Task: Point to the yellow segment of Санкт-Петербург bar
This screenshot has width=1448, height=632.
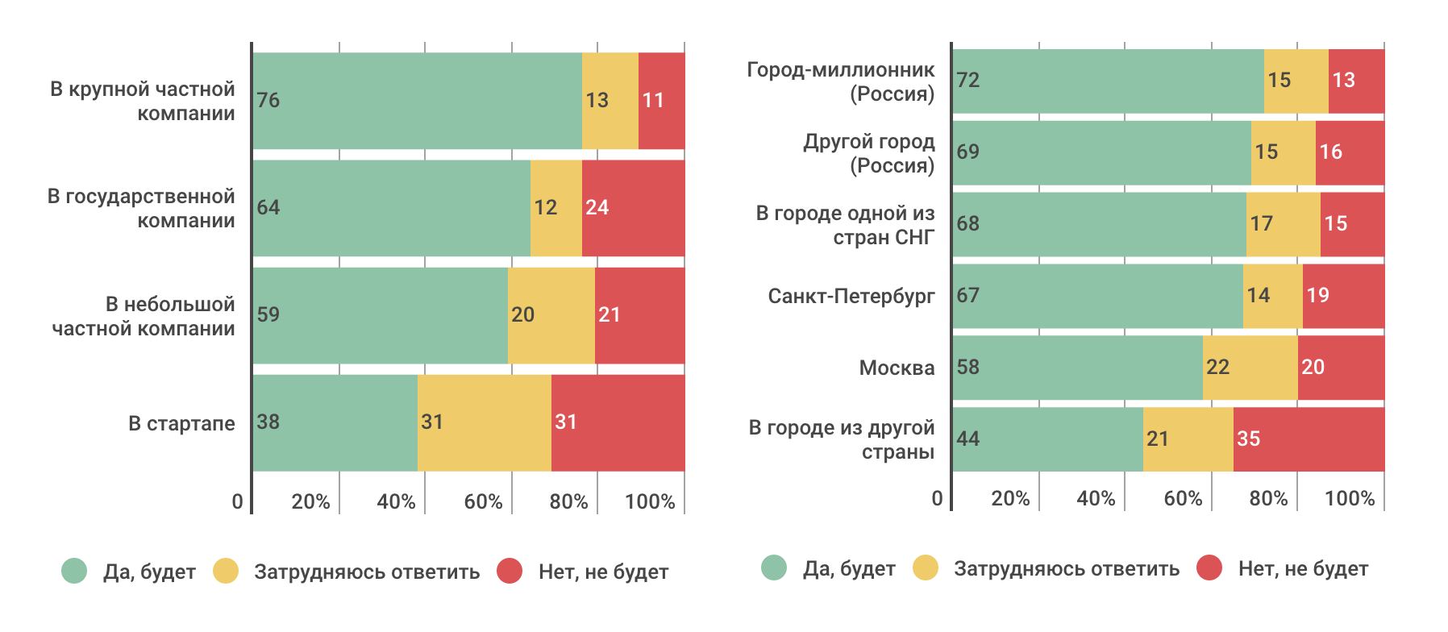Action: click(1272, 296)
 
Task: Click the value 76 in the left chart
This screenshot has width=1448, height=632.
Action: click(268, 101)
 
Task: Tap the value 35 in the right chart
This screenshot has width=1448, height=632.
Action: click(1248, 439)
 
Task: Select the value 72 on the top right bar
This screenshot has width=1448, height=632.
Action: click(968, 81)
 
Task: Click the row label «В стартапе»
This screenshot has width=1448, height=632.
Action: click(181, 423)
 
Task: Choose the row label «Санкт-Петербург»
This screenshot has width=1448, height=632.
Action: click(851, 297)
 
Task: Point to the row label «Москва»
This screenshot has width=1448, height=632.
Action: click(897, 368)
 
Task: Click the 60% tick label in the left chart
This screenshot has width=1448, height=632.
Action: click(483, 501)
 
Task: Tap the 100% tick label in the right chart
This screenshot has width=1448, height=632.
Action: click(1350, 498)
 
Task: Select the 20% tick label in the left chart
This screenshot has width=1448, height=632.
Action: click(310, 501)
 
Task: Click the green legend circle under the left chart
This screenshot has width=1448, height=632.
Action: click(74, 572)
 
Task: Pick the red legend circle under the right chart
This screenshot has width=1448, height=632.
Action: click(1209, 568)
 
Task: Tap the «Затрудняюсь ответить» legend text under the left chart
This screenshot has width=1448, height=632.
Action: click(367, 572)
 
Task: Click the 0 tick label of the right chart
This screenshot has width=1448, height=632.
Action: click(937, 498)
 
